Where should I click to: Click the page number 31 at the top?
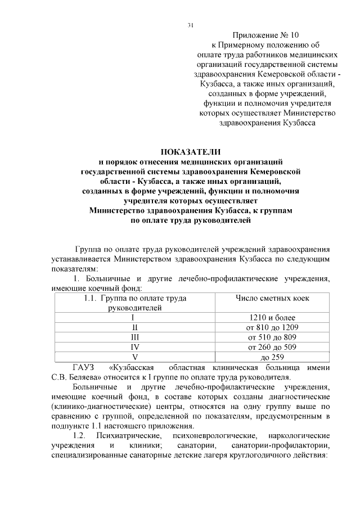point(190,25)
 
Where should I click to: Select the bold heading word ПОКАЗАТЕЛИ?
point(191,152)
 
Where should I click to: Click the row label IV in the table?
point(135,347)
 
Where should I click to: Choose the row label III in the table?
point(135,337)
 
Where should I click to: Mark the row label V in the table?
point(135,357)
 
